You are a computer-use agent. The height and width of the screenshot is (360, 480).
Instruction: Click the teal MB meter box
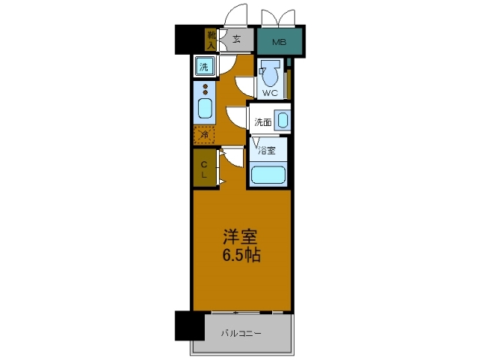(279, 42)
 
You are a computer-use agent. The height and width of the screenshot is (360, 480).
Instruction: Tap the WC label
(269, 94)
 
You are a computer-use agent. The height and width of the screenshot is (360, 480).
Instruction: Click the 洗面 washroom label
(262, 122)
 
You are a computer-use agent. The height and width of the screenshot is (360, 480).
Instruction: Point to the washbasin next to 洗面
(281, 121)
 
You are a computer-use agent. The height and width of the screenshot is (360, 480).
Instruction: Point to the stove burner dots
(204, 91)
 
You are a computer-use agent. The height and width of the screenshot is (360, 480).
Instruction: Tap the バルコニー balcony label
(241, 333)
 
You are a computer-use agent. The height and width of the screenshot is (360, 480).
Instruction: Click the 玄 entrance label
(235, 39)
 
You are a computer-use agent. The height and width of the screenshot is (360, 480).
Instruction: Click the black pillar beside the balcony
(189, 325)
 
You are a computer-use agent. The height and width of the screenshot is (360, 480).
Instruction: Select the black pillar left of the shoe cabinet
(189, 40)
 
